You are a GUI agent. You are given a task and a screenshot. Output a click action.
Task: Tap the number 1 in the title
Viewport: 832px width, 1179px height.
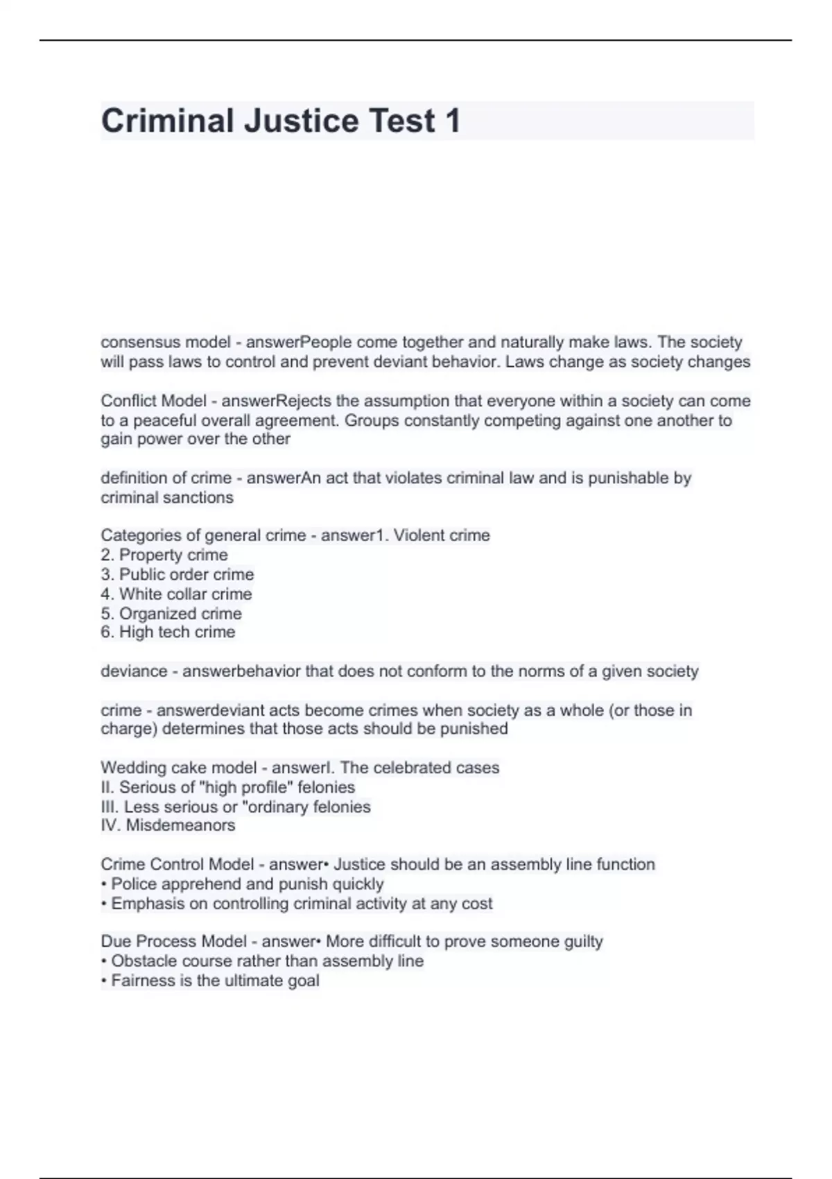452,121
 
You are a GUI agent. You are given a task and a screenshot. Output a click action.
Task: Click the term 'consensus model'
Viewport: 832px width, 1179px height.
165,343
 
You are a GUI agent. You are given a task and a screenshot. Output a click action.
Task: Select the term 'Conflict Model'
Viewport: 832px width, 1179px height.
153,401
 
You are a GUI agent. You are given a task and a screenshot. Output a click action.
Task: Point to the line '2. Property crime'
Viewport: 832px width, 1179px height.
164,555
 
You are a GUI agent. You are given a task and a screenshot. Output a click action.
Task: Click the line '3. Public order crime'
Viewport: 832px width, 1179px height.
177,574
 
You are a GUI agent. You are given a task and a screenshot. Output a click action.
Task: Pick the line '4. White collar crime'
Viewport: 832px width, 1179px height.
176,594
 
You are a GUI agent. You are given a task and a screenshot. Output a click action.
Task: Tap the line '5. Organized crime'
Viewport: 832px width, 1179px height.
171,614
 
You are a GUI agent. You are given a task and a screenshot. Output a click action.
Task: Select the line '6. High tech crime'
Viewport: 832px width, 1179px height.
168,632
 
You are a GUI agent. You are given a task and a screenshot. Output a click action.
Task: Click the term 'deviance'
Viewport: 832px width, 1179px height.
134,671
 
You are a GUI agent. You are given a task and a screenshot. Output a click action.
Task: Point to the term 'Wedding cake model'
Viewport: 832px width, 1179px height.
178,768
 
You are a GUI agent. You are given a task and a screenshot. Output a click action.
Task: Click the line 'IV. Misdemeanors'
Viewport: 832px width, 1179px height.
168,825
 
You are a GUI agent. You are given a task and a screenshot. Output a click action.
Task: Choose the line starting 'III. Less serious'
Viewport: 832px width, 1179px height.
236,807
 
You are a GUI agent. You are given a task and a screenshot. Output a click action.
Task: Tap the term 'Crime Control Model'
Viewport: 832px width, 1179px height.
177,864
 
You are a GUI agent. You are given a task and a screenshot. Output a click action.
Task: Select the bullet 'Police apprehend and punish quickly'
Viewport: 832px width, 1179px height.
247,884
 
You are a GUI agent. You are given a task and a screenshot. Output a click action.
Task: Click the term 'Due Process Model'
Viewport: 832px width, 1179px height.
173,941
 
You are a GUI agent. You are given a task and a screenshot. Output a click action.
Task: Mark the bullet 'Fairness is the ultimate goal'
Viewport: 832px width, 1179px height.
215,981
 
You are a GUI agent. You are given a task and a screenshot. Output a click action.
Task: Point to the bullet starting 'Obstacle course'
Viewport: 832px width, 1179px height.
267,961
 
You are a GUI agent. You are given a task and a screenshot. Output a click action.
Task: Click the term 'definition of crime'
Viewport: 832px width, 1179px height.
166,478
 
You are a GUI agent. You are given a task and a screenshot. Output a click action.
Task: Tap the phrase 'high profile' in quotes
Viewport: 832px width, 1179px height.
243,787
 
